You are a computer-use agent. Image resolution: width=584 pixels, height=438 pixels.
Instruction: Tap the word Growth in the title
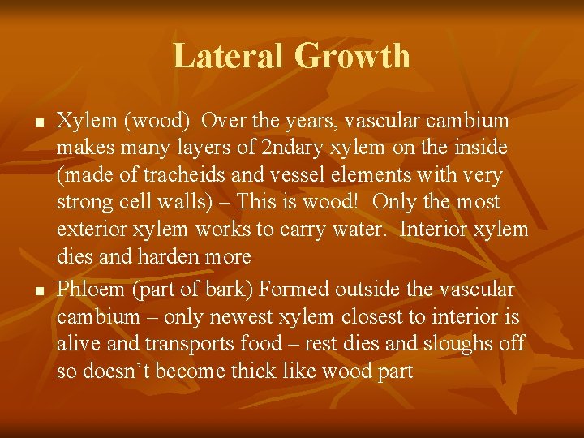353,56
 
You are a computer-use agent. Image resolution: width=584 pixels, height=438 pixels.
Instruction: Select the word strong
84,203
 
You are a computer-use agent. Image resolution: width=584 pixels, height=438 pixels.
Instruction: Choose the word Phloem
91,289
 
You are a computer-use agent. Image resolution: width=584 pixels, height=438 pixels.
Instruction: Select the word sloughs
461,344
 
